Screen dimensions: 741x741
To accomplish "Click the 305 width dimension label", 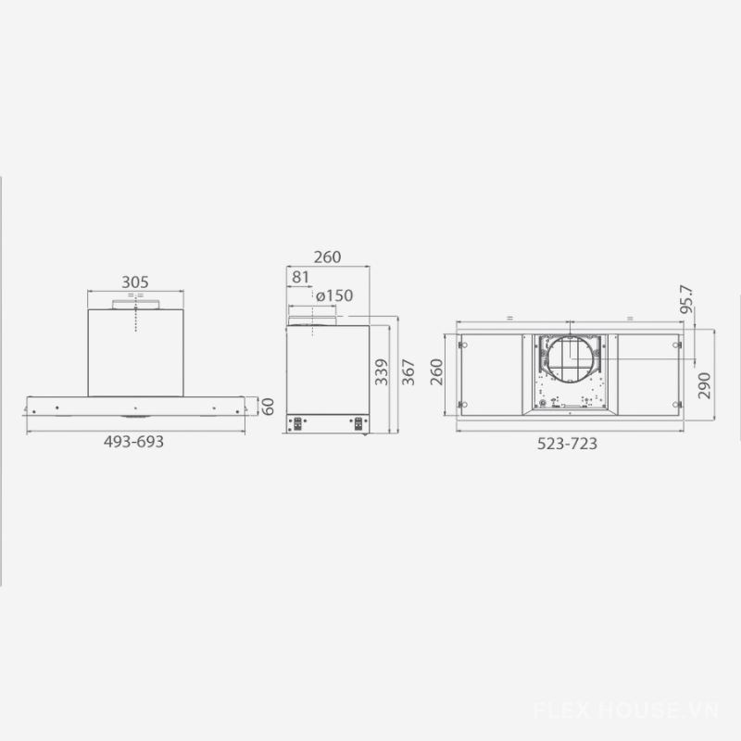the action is (135, 283).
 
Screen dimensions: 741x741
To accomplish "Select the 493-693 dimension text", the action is (133, 442).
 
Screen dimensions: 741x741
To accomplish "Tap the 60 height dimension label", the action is (268, 407).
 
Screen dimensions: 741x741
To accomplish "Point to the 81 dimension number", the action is (300, 277).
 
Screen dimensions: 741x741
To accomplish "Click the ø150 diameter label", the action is (334, 295).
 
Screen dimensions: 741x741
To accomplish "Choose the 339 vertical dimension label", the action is (382, 372).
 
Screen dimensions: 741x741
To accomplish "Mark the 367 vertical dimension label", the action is (408, 372).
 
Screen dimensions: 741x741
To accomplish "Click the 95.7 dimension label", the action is (686, 298).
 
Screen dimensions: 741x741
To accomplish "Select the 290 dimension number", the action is (704, 385).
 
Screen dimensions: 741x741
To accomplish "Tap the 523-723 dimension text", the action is (567, 444).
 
